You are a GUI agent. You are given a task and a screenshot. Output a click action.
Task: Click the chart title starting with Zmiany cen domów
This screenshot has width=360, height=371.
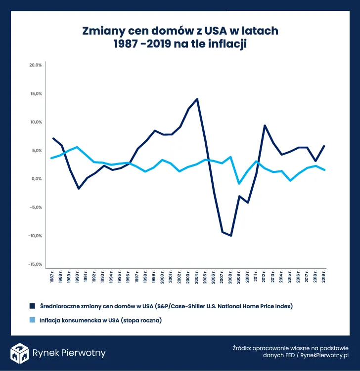click(x=180, y=38)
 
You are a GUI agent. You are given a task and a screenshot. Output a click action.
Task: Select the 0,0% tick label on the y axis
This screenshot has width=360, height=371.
click(x=37, y=179)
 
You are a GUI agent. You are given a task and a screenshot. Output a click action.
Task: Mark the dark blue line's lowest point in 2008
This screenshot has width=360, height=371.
click(x=230, y=236)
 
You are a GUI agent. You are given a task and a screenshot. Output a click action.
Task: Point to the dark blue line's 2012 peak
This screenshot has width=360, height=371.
click(x=265, y=125)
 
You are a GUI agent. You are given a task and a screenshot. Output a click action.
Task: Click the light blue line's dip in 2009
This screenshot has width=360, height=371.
click(x=239, y=183)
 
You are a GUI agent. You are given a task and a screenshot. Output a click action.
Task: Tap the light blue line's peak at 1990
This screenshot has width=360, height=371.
click(x=78, y=147)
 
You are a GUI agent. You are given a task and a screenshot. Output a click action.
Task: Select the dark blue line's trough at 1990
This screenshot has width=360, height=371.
click(x=78, y=189)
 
